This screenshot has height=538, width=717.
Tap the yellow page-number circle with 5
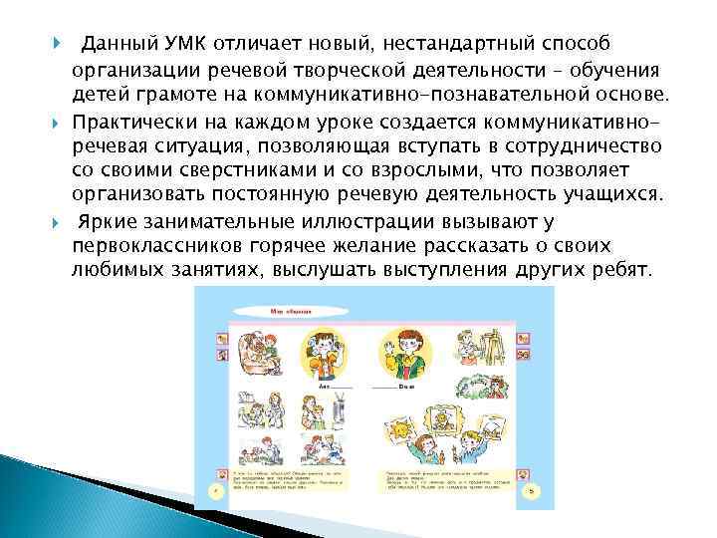533,491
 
